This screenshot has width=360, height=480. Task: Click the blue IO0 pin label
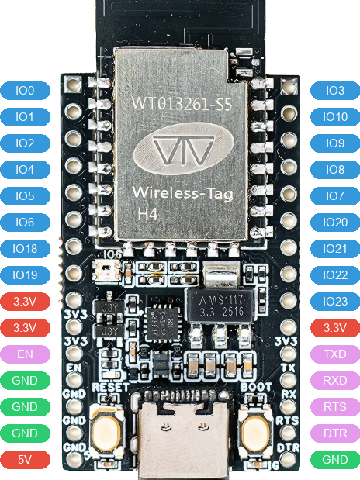click(25, 91)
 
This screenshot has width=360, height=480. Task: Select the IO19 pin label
click(25, 275)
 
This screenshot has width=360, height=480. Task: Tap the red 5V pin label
click(25, 460)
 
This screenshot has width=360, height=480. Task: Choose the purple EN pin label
click(25, 354)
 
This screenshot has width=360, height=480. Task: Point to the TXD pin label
click(335, 354)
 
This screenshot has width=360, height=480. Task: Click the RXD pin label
click(335, 381)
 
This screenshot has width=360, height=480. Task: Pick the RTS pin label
click(335, 407)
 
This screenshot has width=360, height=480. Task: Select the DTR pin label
click(335, 433)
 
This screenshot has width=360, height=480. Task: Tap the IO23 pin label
click(335, 302)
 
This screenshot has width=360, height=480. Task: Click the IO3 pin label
click(335, 91)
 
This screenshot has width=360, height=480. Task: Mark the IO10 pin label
click(335, 117)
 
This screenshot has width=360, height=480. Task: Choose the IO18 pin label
click(25, 249)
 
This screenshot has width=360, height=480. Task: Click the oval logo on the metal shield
click(181, 151)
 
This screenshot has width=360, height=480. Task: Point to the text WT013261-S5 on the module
click(179, 102)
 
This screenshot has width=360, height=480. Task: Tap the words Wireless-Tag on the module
click(179, 192)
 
